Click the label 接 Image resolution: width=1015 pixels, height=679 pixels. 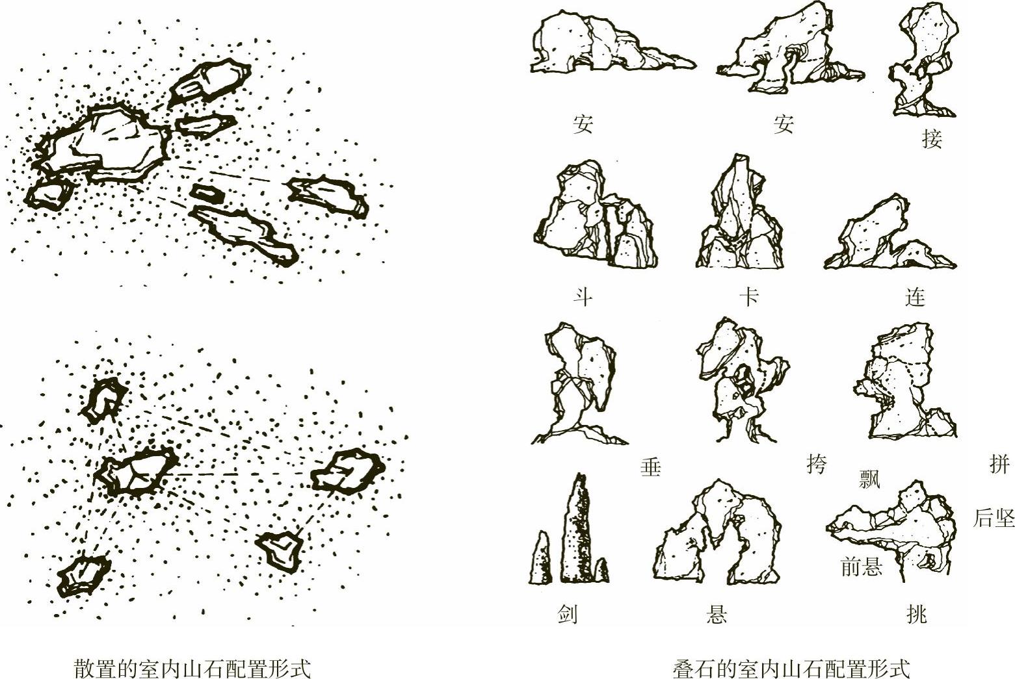[x=932, y=138]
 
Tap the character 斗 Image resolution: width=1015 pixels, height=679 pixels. [x=583, y=298]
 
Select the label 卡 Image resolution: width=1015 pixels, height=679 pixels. [x=749, y=297]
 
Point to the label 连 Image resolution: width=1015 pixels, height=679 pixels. [x=915, y=298]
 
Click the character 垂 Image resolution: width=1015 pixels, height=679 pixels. [x=651, y=467]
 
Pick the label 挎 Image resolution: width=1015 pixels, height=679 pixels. [x=817, y=464]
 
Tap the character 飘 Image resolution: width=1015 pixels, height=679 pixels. [x=869, y=480]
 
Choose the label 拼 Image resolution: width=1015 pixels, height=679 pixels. [x=999, y=464]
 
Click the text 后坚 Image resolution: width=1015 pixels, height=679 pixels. [x=994, y=518]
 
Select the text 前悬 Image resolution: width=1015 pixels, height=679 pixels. [x=862, y=567]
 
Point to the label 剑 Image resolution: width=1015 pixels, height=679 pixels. [x=567, y=615]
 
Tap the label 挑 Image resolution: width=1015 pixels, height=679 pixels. [x=916, y=615]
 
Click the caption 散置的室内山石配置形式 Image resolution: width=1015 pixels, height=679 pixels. [x=192, y=669]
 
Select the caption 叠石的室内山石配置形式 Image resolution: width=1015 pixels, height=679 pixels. [x=791, y=669]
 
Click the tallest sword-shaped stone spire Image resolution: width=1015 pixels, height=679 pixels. [x=576, y=530]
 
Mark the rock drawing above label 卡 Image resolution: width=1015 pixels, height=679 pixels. [x=740, y=211]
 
